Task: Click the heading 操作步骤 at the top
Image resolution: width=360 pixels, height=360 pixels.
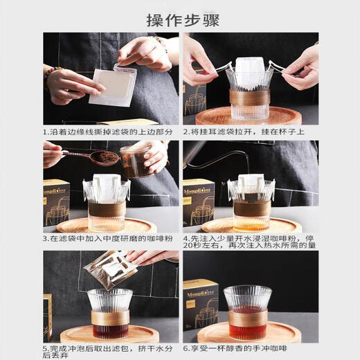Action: tap(179, 19)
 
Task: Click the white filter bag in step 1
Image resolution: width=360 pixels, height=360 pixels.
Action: tap(111, 87)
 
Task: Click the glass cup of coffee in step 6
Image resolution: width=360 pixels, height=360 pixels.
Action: tap(247, 312)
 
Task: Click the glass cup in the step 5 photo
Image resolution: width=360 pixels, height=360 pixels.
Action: tap(111, 315)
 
